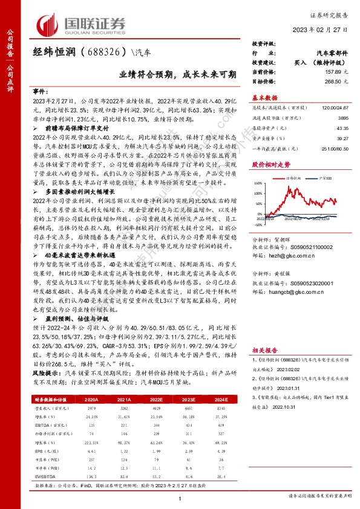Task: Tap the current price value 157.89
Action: point(332,71)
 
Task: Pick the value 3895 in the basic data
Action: point(342,119)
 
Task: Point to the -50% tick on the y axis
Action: point(258,224)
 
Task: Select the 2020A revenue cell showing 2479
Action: point(92,408)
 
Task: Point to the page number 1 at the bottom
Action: point(180,498)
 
